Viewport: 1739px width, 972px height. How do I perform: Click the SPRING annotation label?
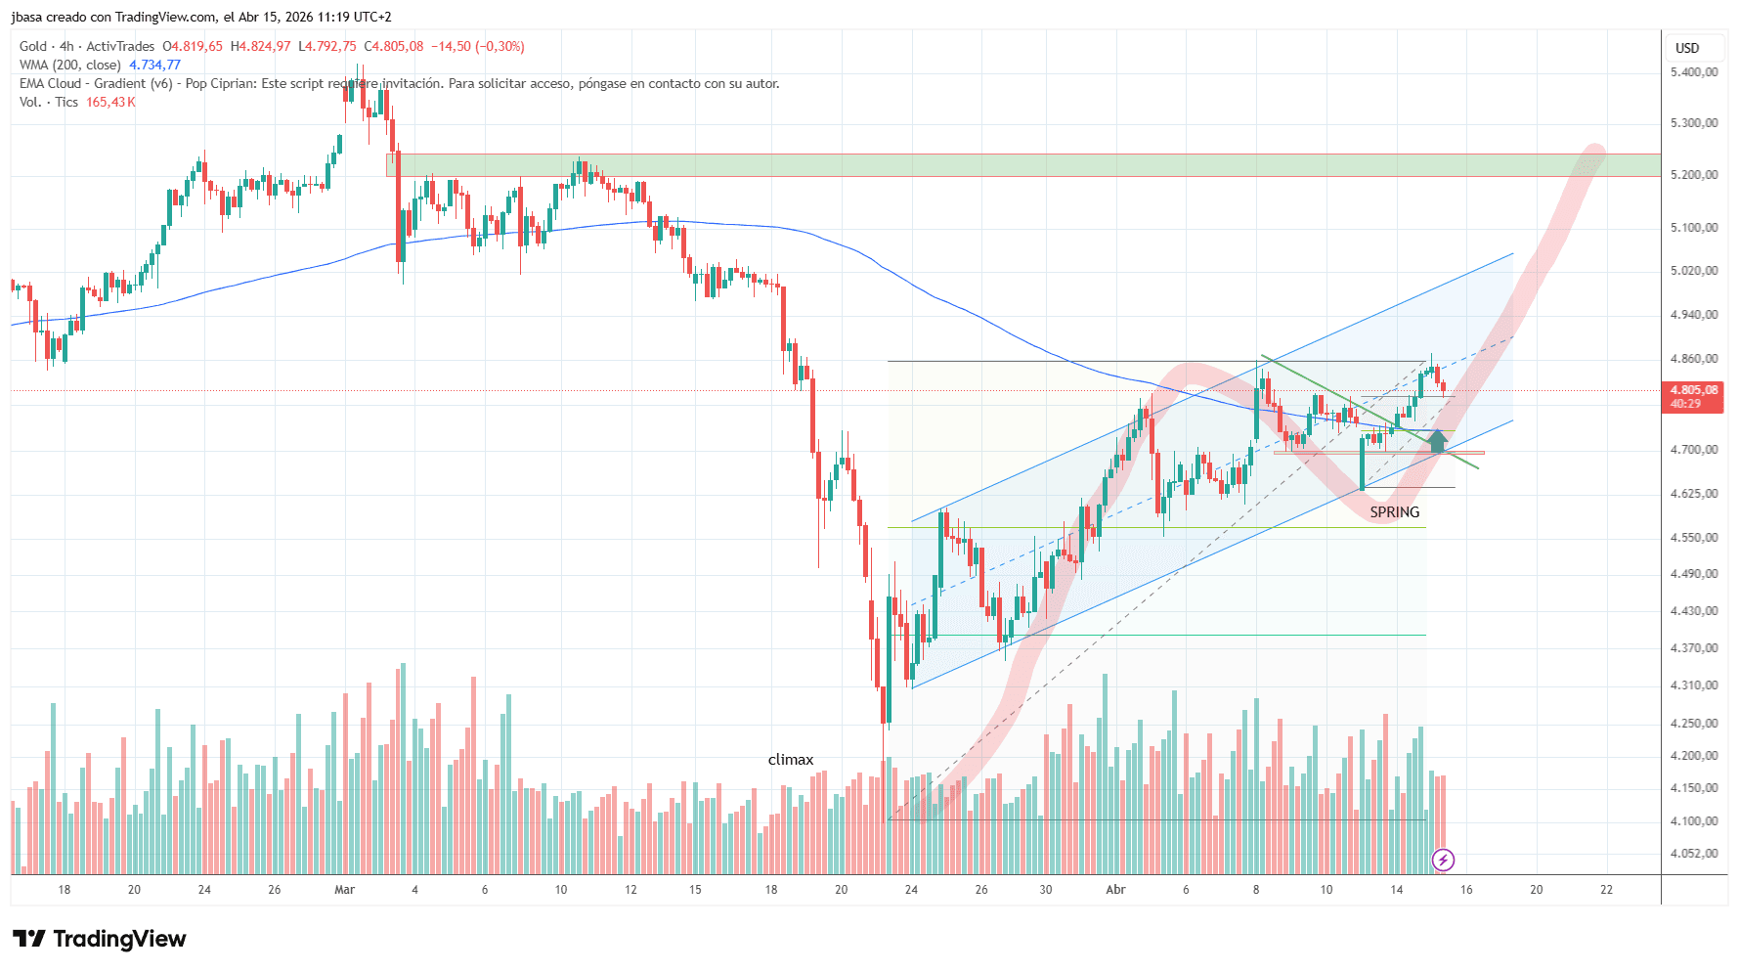1394,512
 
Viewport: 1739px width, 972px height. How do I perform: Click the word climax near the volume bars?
790,760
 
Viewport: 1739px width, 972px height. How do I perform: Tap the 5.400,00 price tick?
1693,72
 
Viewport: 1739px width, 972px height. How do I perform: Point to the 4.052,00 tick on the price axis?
1693,854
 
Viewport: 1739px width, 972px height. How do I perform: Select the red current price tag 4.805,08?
1692,390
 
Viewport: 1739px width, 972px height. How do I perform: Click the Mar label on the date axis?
344,890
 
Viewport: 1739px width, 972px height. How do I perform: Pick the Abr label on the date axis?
1114,890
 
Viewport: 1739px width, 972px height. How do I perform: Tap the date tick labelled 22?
1606,890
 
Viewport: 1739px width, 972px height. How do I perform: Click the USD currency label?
1687,48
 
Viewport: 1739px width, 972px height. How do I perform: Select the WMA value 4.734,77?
154,66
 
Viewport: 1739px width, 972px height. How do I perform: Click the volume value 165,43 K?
110,103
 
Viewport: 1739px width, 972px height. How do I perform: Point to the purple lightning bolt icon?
1443,861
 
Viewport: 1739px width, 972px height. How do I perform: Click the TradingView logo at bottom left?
100,940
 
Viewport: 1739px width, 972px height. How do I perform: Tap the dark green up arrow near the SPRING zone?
1437,440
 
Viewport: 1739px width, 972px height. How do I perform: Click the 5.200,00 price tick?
1693,175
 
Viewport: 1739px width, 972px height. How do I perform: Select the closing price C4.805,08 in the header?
394,47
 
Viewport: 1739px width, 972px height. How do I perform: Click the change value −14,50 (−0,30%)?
478,47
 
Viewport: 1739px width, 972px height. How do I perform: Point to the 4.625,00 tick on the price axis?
1693,494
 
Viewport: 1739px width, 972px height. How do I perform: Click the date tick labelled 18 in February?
65,890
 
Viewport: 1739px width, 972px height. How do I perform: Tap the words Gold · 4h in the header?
46,47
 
